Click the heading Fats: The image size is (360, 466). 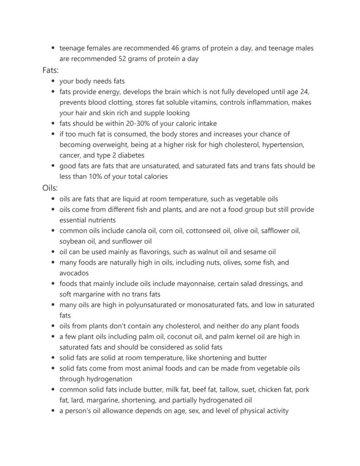(50, 70)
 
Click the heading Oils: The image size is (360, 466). (50, 188)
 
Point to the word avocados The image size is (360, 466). (74, 273)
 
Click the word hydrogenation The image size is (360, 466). (109, 379)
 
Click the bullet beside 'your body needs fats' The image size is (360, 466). (53, 81)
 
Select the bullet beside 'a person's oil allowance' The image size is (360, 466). (53, 411)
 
